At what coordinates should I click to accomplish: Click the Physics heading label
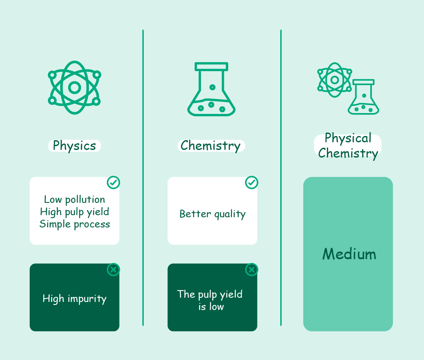74,146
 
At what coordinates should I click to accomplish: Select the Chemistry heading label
211,146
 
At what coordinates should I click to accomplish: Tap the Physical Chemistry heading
348,146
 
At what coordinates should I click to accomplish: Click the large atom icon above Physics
74,88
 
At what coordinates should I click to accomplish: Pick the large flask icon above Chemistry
212,89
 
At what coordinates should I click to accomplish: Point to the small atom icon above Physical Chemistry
335,80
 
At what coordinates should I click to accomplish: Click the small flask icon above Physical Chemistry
363,97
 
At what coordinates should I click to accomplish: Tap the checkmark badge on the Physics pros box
113,183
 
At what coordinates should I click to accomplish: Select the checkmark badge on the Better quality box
251,183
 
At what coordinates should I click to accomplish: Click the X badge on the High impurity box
113,269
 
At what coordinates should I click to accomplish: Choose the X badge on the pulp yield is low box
251,269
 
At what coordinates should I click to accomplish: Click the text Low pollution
75,200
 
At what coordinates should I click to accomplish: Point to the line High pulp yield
75,212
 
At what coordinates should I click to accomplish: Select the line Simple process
75,224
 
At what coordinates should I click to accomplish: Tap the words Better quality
212,214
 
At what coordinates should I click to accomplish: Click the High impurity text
75,299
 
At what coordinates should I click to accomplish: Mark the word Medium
349,254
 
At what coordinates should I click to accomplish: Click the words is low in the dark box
211,307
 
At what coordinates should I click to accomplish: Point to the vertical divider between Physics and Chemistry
143,178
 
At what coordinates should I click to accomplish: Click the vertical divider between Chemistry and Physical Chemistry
281,178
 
